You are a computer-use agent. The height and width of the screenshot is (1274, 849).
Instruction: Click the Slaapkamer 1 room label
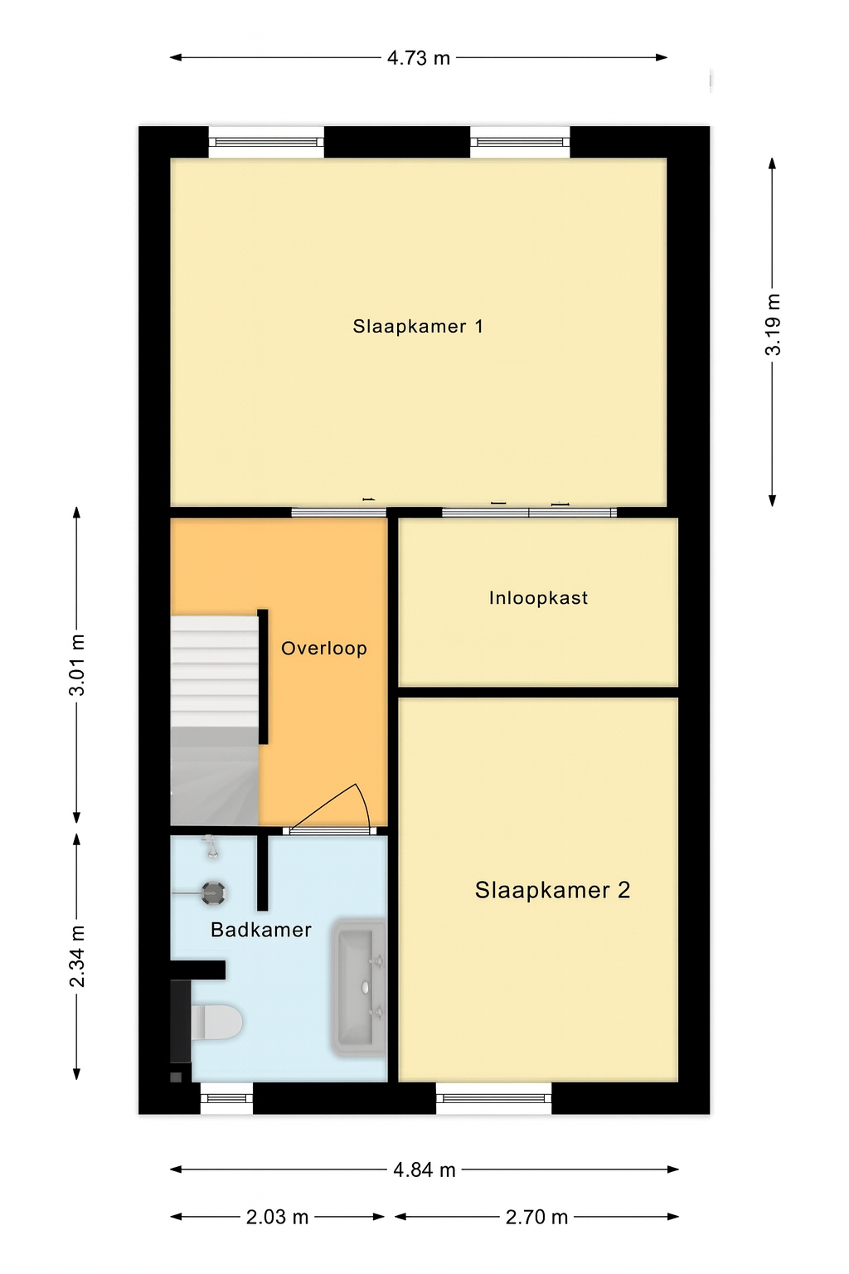(x=418, y=327)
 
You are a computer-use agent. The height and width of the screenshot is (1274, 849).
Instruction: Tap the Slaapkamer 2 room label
(x=552, y=891)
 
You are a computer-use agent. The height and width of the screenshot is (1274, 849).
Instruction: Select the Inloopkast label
(x=538, y=598)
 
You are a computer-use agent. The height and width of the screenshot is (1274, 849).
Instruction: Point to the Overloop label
(x=324, y=649)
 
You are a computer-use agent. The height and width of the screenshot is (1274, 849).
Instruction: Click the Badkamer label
(x=261, y=931)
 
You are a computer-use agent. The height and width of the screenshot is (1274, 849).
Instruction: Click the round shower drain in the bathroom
(x=214, y=893)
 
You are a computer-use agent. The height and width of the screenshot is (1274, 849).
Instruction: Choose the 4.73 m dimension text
(x=419, y=58)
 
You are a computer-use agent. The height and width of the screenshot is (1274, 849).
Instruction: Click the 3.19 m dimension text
(x=773, y=325)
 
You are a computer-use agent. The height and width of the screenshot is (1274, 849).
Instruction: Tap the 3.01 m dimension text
(x=77, y=665)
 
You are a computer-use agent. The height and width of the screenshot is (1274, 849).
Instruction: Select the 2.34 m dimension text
(x=77, y=956)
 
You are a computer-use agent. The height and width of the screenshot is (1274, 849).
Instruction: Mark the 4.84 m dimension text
(x=424, y=1170)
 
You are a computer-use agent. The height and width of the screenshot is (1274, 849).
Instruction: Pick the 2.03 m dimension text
(x=277, y=1218)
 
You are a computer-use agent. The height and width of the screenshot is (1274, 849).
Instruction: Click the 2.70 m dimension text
(x=536, y=1218)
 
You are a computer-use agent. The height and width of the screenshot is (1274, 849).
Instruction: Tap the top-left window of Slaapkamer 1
(x=266, y=142)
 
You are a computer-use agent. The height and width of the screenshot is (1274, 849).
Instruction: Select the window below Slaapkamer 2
(x=494, y=1098)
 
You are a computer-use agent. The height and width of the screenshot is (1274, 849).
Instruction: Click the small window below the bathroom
(x=226, y=1098)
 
